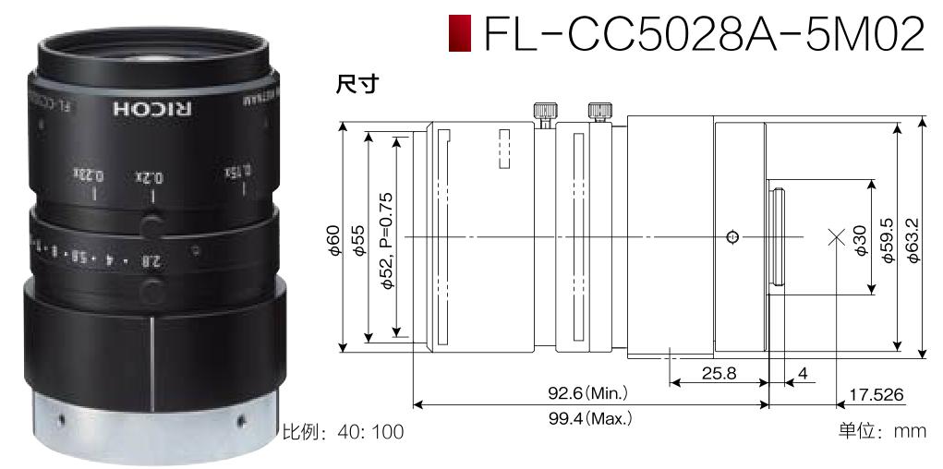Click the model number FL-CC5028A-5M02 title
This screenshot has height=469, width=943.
coord(702,33)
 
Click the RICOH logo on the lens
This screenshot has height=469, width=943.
coord(153,106)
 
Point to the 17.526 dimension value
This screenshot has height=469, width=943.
coord(877,395)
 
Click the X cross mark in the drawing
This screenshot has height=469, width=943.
coord(837,237)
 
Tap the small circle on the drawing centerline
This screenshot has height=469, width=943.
coord(732,237)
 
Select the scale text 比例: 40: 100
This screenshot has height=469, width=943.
coord(343,431)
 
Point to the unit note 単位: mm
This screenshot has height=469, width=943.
coord(881,431)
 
